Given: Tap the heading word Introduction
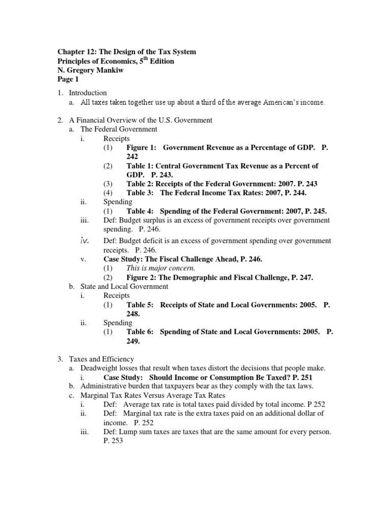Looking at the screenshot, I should click(x=88, y=93).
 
